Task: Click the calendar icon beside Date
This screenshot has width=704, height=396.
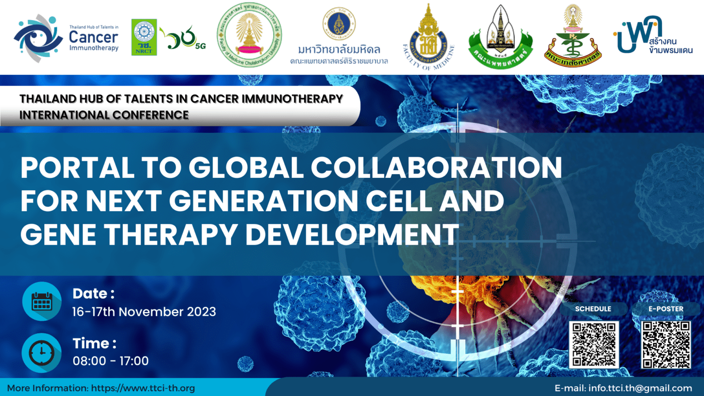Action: click(42, 302)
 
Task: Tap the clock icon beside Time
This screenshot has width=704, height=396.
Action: click(42, 352)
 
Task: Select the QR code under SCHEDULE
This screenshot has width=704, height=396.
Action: click(594, 345)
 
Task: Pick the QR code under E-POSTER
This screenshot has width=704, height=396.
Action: click(666, 345)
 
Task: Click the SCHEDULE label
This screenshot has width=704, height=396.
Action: click(593, 309)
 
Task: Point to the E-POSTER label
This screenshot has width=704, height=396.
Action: click(665, 309)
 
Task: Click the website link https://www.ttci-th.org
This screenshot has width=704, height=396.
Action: click(143, 388)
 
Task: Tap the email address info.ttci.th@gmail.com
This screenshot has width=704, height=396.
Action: click(640, 388)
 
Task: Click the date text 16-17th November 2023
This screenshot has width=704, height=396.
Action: click(144, 312)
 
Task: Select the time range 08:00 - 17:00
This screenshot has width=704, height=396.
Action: click(110, 361)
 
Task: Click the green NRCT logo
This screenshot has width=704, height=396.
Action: click(144, 37)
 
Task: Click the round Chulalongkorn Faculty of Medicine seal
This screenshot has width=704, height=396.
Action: click(249, 35)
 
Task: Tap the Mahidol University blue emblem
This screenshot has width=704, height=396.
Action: click(339, 23)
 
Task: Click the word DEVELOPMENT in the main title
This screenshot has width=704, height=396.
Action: click(352, 235)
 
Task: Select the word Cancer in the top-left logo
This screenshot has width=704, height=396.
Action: click(93, 37)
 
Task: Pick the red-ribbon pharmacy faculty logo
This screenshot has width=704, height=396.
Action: click(573, 37)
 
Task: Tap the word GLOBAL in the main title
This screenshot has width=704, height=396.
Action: click(247, 168)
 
